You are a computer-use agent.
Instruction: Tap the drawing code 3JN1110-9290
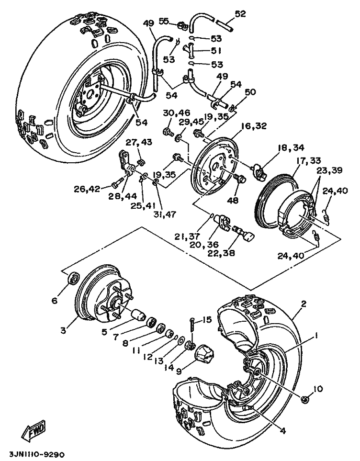pyautogui.click(x=36, y=453)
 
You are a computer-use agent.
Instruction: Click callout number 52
pyautogui.click(x=240, y=14)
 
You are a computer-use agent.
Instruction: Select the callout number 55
pyautogui.click(x=164, y=21)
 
